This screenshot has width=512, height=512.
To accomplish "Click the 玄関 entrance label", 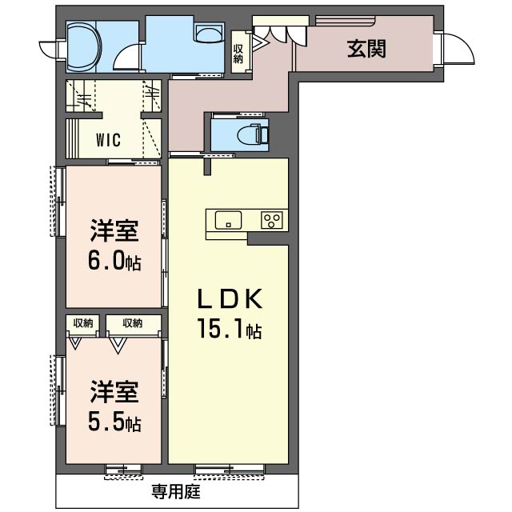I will click(x=366, y=50).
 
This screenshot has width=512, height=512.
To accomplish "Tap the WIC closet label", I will click(x=108, y=140).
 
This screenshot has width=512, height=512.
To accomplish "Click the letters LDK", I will click(x=230, y=299).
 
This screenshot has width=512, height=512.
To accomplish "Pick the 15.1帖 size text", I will click(x=230, y=329).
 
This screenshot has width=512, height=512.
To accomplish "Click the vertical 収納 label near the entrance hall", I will click(x=238, y=53).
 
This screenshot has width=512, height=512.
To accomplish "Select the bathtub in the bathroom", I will click(x=82, y=46).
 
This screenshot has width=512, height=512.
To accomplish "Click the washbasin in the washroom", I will click(x=210, y=34).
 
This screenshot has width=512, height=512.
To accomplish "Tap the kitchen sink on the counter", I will click(x=228, y=220).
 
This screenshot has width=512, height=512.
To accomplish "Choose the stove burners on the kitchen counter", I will click(x=272, y=220).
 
